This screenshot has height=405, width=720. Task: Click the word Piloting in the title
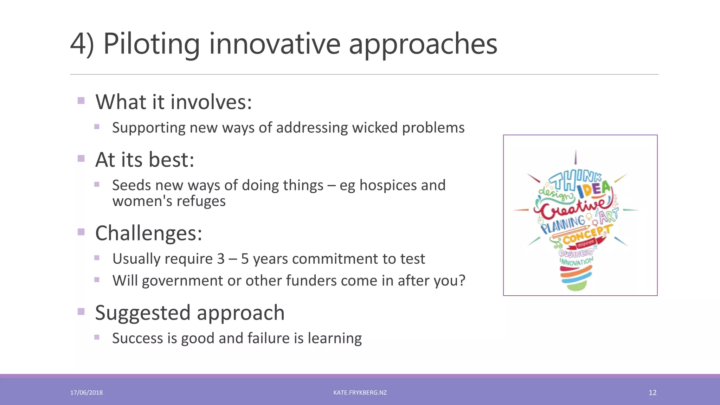pyautogui.click(x=151, y=44)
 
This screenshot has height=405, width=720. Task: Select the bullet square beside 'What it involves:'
pyautogui.click(x=81, y=101)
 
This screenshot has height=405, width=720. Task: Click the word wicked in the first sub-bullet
pyautogui.click(x=375, y=128)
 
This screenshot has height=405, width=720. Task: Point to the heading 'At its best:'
pyautogui.click(x=144, y=160)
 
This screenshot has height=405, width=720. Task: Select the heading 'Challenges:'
pyautogui.click(x=149, y=233)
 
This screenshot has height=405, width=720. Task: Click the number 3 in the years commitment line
pyautogui.click(x=220, y=259)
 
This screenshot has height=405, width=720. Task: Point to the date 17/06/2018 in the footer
pyautogui.click(x=86, y=393)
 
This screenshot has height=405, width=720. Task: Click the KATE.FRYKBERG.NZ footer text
pyautogui.click(x=360, y=393)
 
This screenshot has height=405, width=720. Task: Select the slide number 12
pyautogui.click(x=652, y=393)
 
